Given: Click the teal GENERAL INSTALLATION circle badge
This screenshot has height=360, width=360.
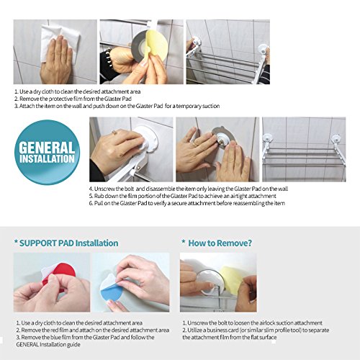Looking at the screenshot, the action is pyautogui.click(x=47, y=152).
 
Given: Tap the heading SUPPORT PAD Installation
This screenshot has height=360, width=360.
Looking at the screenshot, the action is pyautogui.click(x=66, y=243).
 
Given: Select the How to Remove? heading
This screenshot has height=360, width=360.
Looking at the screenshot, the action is pyautogui.click(x=217, y=243).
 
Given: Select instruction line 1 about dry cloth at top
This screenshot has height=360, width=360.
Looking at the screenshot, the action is pyautogui.click(x=78, y=91).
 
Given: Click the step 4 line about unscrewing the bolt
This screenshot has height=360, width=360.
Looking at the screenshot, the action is pyautogui.click(x=189, y=189).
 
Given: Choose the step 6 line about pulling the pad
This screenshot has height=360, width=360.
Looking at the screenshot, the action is pyautogui.click(x=187, y=203).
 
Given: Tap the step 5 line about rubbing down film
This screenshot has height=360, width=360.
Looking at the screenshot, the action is pyautogui.click(x=183, y=196).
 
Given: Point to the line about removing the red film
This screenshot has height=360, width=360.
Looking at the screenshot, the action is pyautogui.click(x=93, y=330).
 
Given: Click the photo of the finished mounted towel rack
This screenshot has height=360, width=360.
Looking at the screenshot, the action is pyautogui.click(x=304, y=149).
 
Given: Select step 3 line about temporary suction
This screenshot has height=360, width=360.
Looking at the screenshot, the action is pyautogui.click(x=117, y=106).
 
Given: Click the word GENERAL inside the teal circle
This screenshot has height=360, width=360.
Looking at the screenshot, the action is pyautogui.click(x=47, y=148).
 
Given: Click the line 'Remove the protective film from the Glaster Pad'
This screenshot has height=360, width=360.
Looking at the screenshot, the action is pyautogui.click(x=73, y=99).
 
